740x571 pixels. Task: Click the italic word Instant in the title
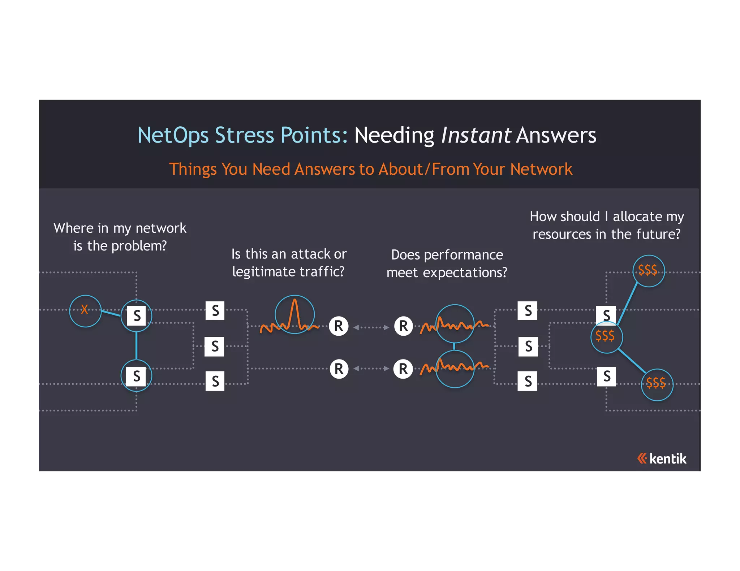pyautogui.click(x=476, y=135)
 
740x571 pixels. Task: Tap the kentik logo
pyautogui.click(x=662, y=458)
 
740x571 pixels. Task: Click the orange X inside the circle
pyautogui.click(x=85, y=310)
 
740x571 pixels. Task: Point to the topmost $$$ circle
pyautogui.click(x=649, y=271)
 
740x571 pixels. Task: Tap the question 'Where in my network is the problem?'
pyautogui.click(x=120, y=237)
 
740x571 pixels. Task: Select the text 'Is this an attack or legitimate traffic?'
pyautogui.click(x=289, y=263)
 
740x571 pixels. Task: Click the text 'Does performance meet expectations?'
pyautogui.click(x=447, y=263)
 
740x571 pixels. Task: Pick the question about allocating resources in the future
pyautogui.click(x=607, y=225)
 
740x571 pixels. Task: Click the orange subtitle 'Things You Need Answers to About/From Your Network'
pyautogui.click(x=371, y=169)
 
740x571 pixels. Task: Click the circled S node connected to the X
pyautogui.click(x=137, y=316)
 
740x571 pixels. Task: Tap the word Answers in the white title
pyautogui.click(x=556, y=135)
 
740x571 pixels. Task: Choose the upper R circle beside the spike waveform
pyautogui.click(x=339, y=326)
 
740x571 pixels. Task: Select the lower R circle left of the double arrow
pyautogui.click(x=339, y=369)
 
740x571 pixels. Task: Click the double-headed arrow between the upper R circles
pyautogui.click(x=371, y=327)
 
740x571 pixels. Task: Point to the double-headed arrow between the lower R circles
pyautogui.click(x=371, y=369)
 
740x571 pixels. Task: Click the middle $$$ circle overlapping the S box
pyautogui.click(x=606, y=337)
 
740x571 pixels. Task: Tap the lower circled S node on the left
pyautogui.click(x=137, y=376)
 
